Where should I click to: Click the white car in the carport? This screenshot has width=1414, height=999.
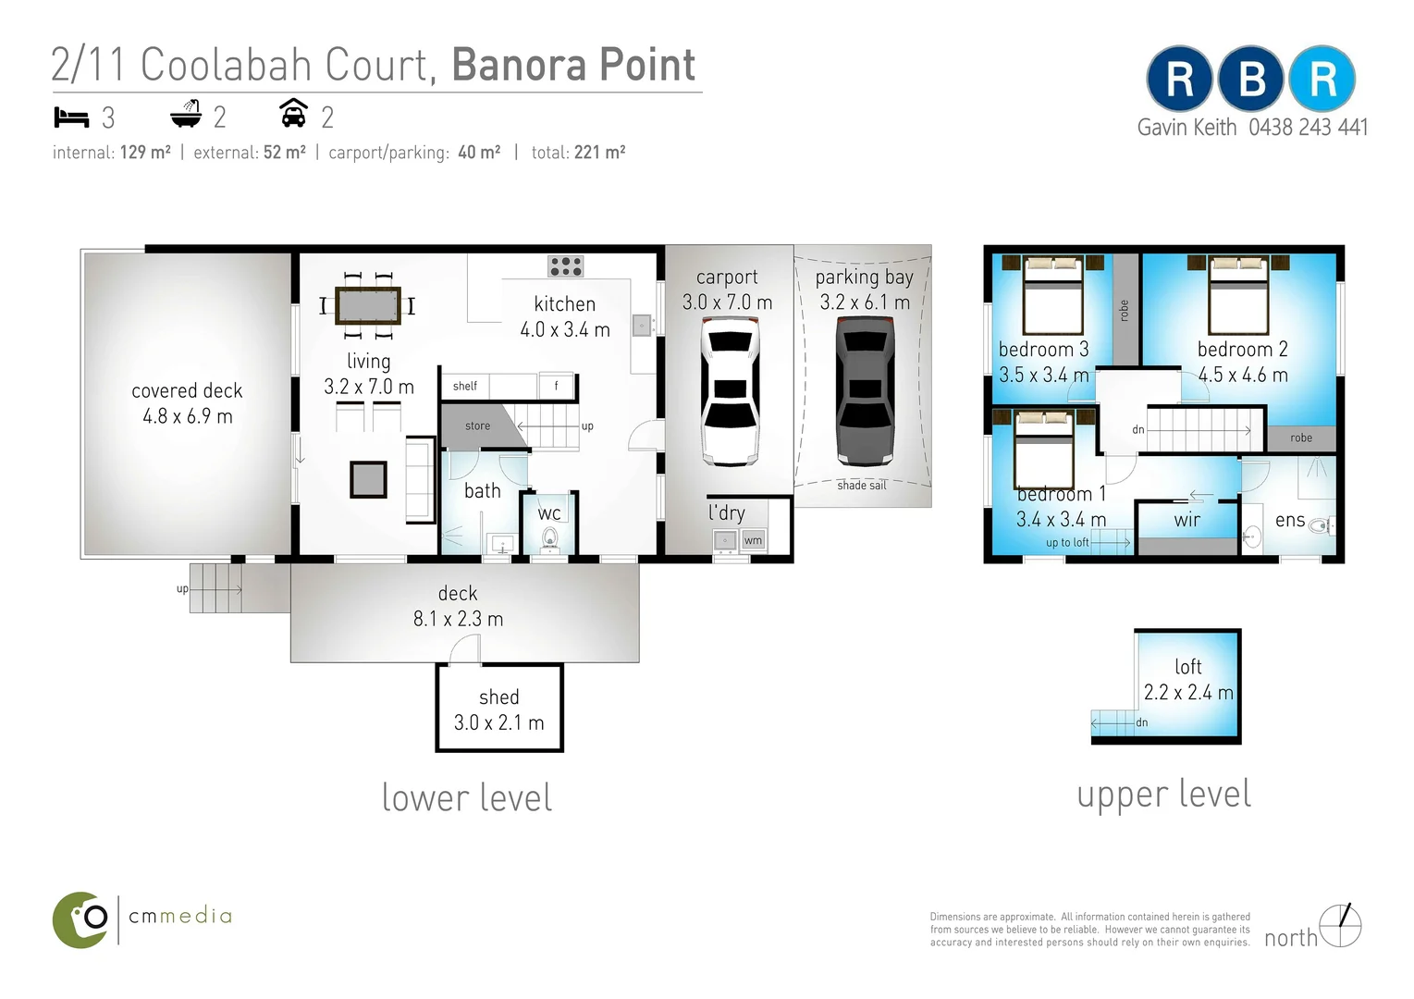click(x=730, y=390)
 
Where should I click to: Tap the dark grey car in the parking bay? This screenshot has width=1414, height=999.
click(x=866, y=390)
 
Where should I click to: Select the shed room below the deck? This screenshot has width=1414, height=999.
click(x=499, y=709)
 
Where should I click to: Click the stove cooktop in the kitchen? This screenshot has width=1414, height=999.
click(x=565, y=266)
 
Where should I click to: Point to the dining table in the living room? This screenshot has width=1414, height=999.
click(x=368, y=305)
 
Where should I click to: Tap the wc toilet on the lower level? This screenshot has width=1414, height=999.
click(x=550, y=538)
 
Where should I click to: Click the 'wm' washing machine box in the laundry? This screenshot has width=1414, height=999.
click(x=754, y=540)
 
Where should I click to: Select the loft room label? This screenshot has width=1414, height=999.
click(x=1188, y=667)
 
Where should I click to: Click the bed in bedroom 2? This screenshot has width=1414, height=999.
click(x=1238, y=296)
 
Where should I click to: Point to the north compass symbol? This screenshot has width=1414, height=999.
click(x=1340, y=926)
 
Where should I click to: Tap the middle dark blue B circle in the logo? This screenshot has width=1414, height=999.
click(x=1250, y=80)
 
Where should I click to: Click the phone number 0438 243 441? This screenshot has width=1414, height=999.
click(x=1308, y=128)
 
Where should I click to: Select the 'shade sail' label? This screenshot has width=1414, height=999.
click(x=861, y=486)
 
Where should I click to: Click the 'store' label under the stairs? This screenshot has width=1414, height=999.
click(x=478, y=426)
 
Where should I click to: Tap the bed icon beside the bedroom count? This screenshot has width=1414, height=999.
click(x=71, y=117)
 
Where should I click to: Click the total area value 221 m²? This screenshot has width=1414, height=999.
click(x=599, y=153)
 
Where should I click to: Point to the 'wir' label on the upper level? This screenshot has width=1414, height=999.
click(x=1187, y=520)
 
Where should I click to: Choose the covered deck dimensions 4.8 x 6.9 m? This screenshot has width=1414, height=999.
click(x=188, y=416)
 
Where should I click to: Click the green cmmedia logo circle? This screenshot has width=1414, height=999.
click(x=81, y=919)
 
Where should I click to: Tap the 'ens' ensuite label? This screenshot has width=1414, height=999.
click(x=1289, y=521)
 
